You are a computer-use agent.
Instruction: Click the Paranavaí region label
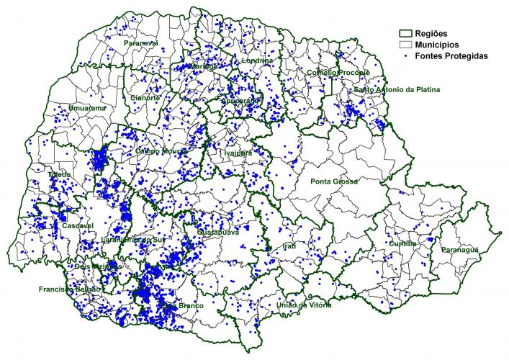140,43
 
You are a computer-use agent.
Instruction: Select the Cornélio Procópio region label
338,73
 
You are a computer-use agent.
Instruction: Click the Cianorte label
146,97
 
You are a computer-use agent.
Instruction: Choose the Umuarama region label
86,108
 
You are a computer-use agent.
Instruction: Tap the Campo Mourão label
161,151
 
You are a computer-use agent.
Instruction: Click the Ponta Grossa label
334,181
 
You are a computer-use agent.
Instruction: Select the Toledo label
59,175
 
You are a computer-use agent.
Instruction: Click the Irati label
289,246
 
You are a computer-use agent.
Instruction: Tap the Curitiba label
402,243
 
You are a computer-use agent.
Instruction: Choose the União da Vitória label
304,305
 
